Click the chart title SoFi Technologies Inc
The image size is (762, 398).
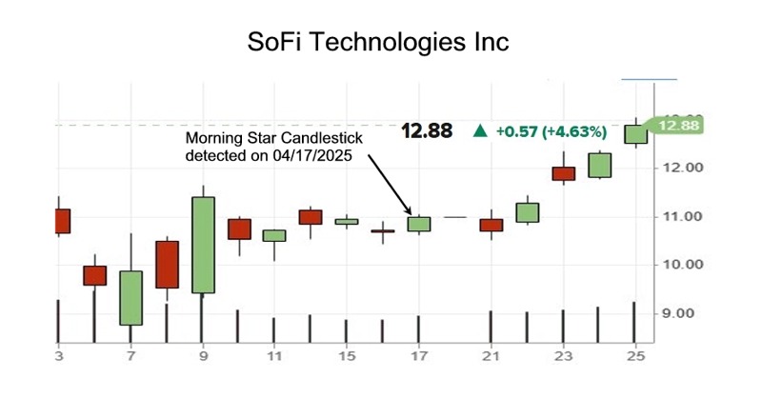click(377, 43)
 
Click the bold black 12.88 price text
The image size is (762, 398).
click(427, 131)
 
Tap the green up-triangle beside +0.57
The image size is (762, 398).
click(482, 131)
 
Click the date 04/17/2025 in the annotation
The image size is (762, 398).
click(314, 157)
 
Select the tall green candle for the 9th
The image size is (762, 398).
click(203, 245)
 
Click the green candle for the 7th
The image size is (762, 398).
click(130, 298)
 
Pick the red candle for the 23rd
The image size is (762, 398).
click(564, 173)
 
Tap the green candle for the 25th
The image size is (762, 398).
click(635, 134)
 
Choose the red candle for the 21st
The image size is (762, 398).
click(491, 225)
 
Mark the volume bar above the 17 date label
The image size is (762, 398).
click(418, 328)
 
